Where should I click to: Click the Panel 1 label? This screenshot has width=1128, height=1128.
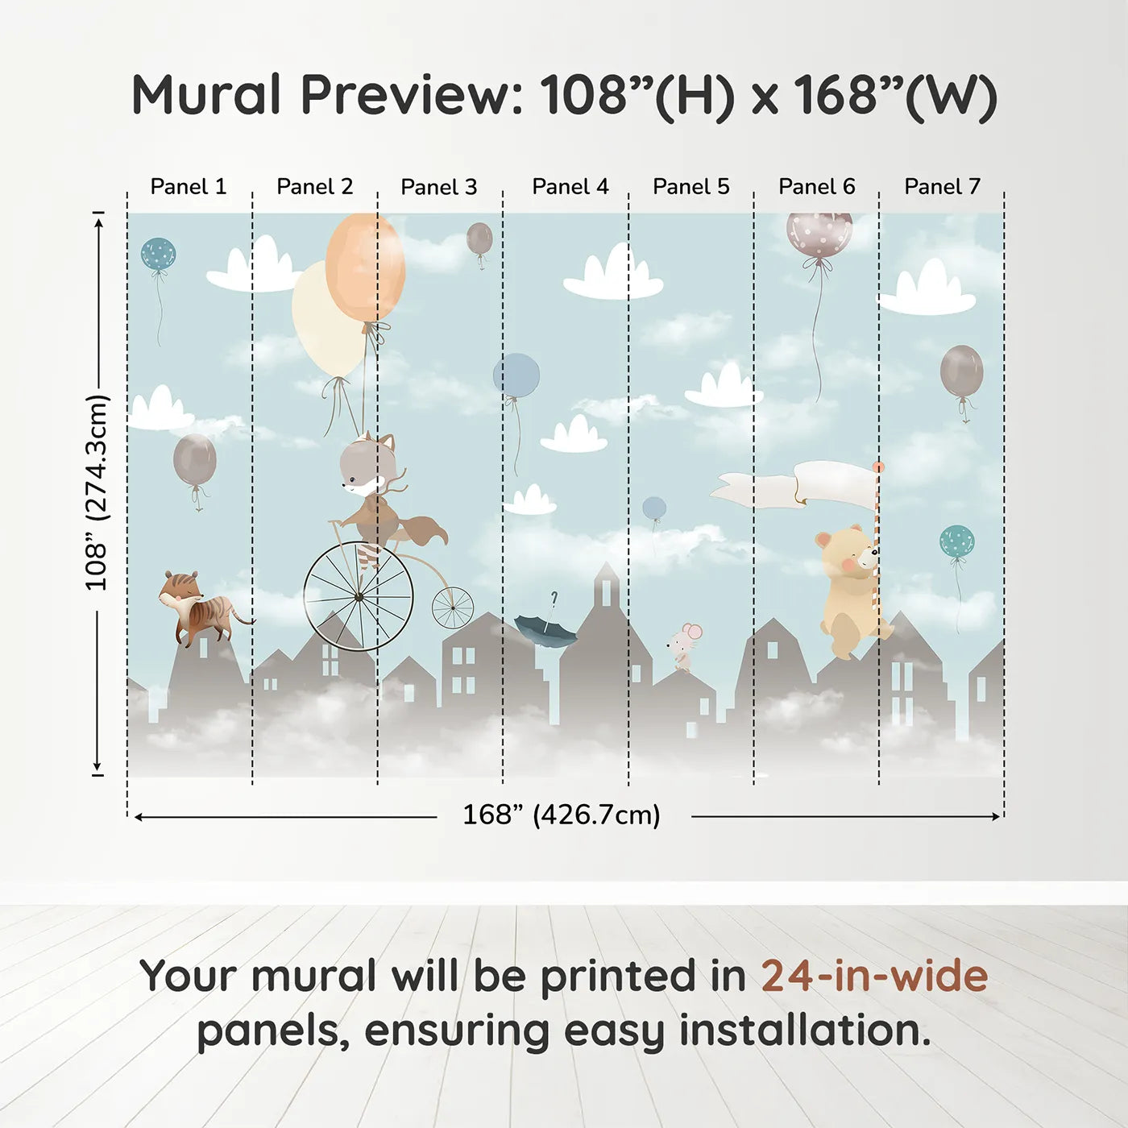pos(189,187)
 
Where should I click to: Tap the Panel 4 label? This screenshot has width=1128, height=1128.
pos(570,187)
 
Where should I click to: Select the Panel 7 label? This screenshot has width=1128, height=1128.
pos(942,187)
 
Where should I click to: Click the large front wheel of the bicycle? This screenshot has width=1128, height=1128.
pos(359,596)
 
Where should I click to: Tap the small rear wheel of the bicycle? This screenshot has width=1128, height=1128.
pos(453,608)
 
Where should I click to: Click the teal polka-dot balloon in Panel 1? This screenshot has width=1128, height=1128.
pos(158,255)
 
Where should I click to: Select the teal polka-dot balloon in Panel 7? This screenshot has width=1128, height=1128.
pos(956,541)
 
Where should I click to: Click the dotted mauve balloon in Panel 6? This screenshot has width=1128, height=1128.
pos(819,234)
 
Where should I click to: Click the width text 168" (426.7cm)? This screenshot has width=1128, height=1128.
pos(561,815)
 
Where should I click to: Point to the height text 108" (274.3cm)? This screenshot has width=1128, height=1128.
pos(97,491)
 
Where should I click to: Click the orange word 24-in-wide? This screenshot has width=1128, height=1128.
pos(874,976)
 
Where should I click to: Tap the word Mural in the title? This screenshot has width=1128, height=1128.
pos(205,95)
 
